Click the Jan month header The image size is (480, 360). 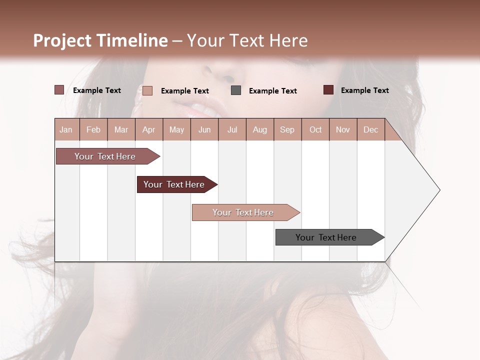[66, 129]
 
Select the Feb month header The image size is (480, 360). [93, 129]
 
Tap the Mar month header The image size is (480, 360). [121, 129]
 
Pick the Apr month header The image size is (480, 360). [149, 129]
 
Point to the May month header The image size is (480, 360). [176, 129]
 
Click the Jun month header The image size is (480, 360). [204, 129]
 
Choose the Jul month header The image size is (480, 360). [232, 129]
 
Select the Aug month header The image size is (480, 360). [260, 129]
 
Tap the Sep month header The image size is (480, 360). [287, 129]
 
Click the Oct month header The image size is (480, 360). [315, 129]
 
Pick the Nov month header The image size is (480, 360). [343, 129]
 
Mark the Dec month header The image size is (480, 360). [371, 129]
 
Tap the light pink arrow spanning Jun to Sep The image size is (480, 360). [243, 212]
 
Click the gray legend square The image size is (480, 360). [236, 90]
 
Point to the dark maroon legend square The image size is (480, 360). [328, 90]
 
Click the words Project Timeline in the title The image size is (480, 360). [100, 40]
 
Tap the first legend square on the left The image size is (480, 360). [59, 90]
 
